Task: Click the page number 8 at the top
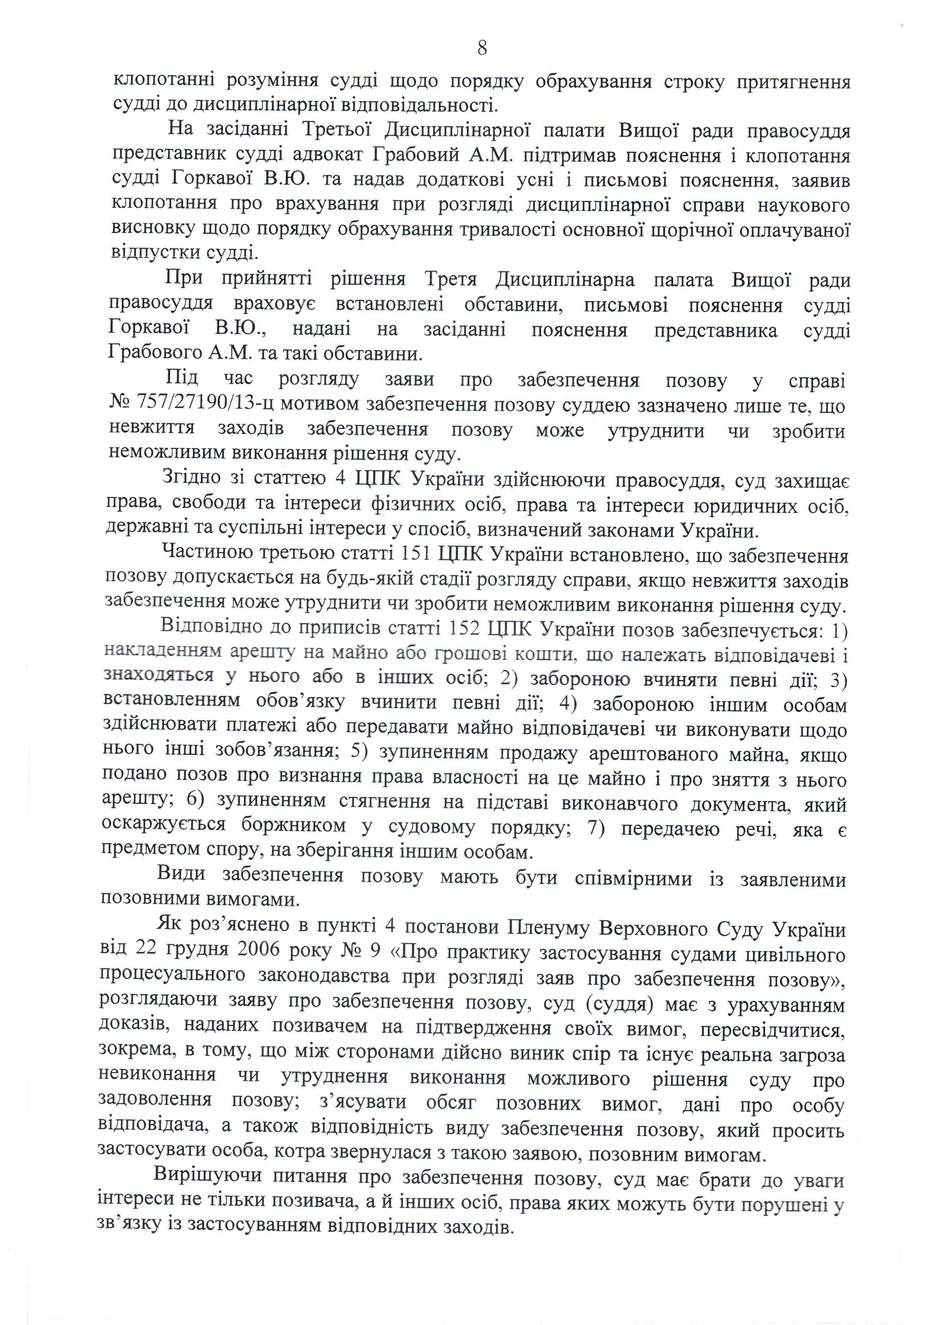pyautogui.click(x=482, y=48)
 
